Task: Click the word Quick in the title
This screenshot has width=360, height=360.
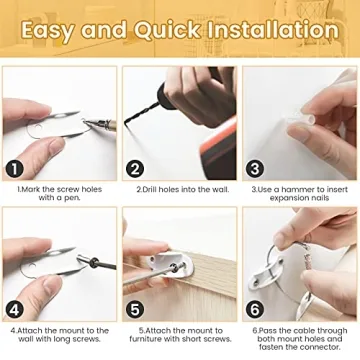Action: coord(167,30)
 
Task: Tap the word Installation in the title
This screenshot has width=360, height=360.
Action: coord(272,30)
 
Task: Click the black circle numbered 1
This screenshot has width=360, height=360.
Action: coord(15,169)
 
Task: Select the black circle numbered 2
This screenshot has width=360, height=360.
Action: coord(135,169)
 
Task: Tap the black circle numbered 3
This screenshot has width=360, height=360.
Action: coord(255,169)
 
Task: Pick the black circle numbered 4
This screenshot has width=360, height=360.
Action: coord(15,310)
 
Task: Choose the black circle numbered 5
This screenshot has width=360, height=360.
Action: coord(135,310)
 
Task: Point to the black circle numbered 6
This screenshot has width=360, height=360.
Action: coord(255,310)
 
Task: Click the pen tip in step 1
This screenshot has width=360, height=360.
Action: coord(85,123)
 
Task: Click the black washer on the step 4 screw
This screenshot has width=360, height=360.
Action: coord(95,263)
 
